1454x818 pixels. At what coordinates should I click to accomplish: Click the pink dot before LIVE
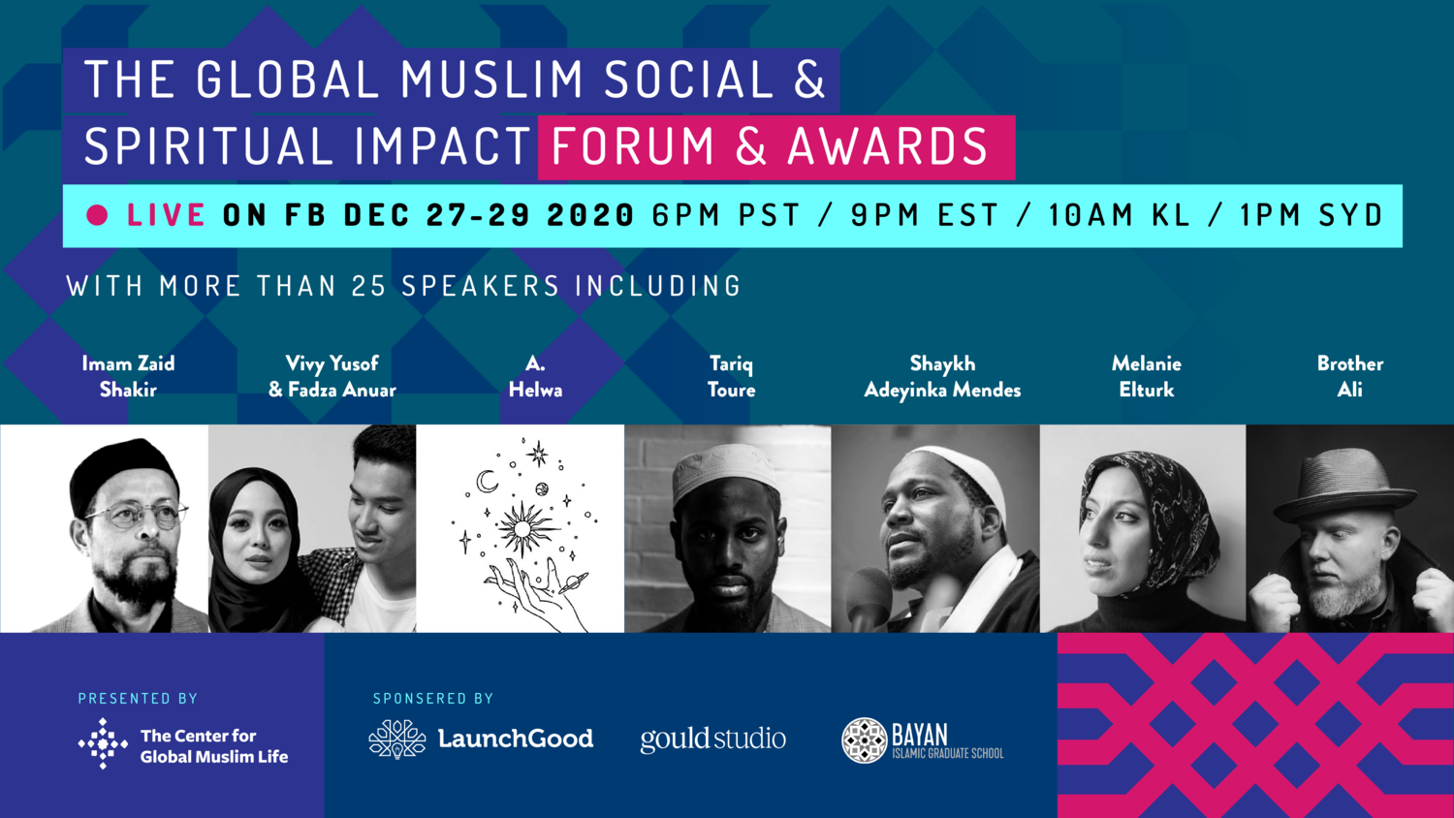click(x=97, y=215)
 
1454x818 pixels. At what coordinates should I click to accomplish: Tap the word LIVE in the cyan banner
click(x=166, y=215)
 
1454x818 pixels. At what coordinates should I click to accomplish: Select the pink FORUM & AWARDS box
click(x=775, y=147)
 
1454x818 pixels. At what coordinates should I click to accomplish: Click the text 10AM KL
click(x=1119, y=215)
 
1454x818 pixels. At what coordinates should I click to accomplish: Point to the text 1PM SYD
click(x=1311, y=215)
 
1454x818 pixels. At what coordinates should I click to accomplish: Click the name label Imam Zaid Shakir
click(x=128, y=376)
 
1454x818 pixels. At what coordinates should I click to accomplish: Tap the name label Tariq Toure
click(x=731, y=376)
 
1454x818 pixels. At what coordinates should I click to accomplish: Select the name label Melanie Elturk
click(x=1146, y=376)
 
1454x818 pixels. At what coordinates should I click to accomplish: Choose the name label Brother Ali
click(x=1349, y=376)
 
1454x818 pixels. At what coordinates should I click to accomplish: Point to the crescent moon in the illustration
click(x=487, y=481)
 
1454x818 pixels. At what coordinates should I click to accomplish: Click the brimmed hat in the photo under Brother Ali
click(x=1343, y=486)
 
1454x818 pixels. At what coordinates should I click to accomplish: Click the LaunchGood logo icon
click(x=397, y=739)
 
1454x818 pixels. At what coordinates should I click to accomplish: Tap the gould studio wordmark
click(x=712, y=739)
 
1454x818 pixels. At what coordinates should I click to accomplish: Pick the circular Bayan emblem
click(x=864, y=740)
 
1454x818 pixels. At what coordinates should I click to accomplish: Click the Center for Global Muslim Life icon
click(x=103, y=744)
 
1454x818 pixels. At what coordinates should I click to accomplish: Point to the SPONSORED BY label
click(x=433, y=698)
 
